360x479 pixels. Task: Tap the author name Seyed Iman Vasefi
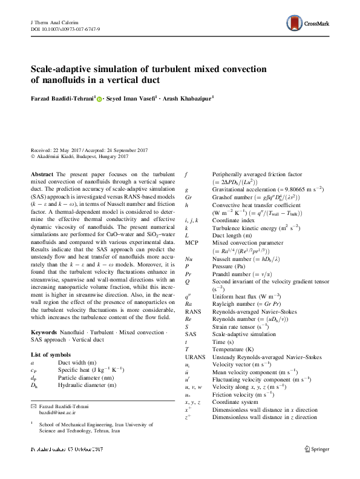pos(131,97)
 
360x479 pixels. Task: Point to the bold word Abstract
pos(42,174)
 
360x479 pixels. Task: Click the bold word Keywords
pos(44,332)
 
